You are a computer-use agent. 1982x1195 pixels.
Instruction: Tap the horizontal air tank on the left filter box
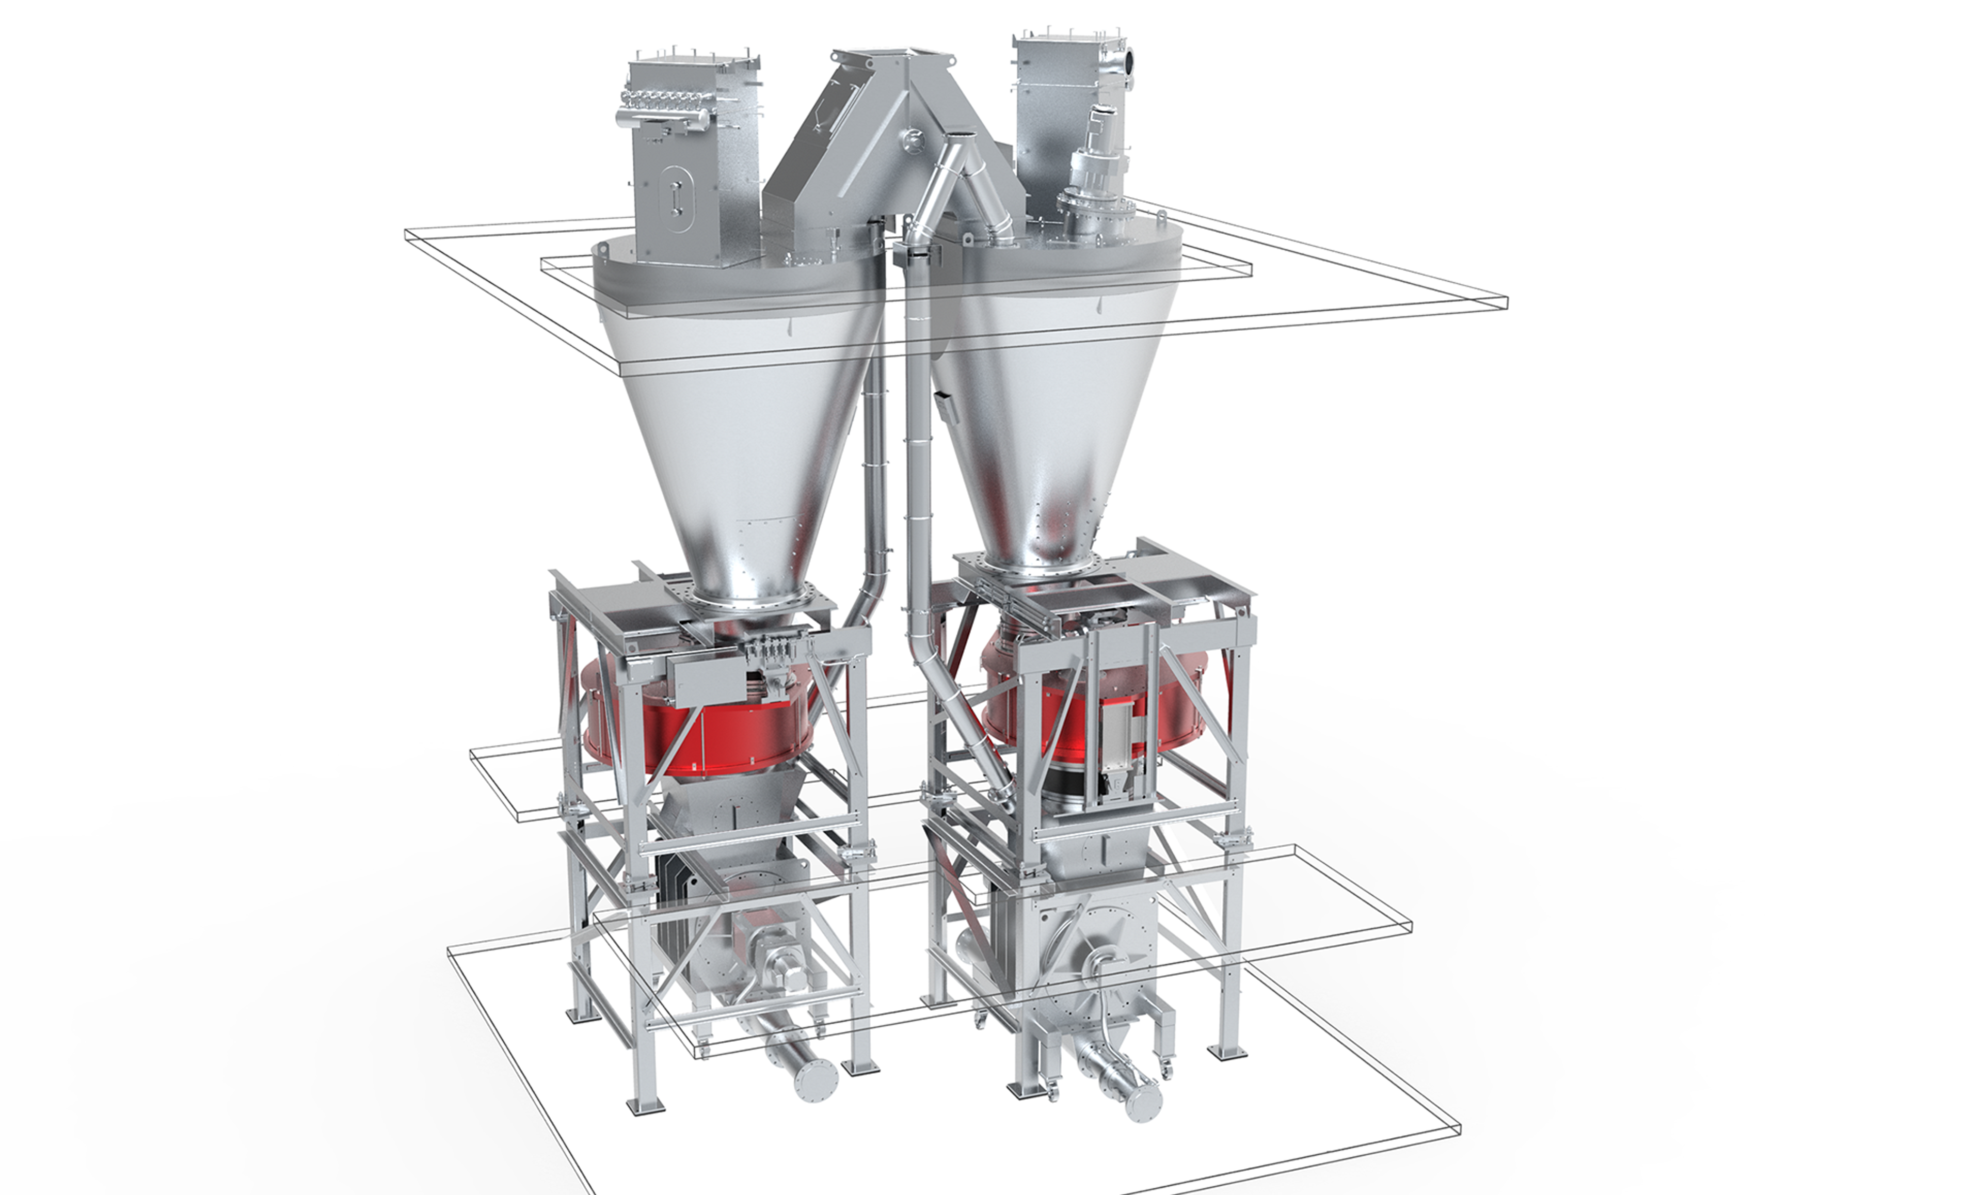(661, 121)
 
